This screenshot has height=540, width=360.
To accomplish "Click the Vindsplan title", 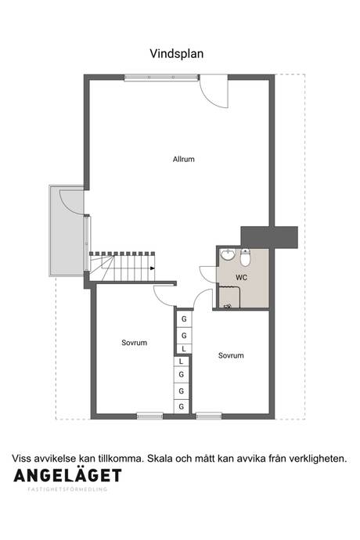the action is tap(176, 54).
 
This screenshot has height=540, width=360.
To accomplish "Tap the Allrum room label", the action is tap(184, 159).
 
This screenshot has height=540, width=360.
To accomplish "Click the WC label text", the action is tap(241, 277).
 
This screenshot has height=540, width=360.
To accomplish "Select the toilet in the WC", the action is tap(245, 257).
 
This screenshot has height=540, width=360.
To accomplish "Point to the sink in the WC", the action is tap(228, 254).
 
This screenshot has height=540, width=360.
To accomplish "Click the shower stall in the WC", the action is tap(229, 297).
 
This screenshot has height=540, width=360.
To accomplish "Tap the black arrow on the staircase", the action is tap(153, 268).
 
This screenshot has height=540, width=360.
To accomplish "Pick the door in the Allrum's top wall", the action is tap(214, 92).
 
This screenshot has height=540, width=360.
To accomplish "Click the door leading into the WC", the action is tap(207, 275).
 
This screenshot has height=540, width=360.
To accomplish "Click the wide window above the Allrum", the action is tap(161, 77).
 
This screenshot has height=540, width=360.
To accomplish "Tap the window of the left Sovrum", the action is tap(149, 416).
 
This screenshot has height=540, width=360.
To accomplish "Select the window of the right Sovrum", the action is tap(209, 416).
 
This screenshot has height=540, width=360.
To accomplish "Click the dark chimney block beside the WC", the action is tap(269, 237).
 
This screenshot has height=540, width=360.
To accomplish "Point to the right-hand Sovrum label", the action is tap(231, 355).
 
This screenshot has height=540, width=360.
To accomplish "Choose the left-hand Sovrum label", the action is tap(135, 343).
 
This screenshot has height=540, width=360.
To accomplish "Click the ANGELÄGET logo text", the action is tap(67, 476).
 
